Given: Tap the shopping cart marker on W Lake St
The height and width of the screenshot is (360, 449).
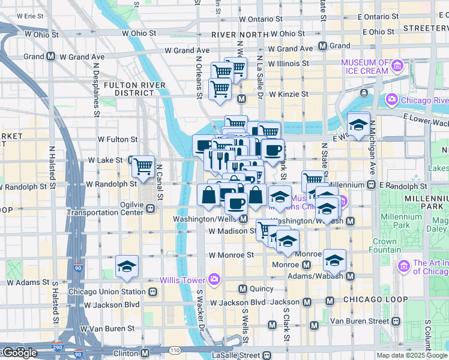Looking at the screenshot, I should coord(143,166).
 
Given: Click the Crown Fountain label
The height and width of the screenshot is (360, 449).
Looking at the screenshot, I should coord(384,246).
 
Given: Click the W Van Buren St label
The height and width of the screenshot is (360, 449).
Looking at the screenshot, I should coord(109,329).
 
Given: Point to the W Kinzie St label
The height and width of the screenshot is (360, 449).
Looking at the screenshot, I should coord(288,94).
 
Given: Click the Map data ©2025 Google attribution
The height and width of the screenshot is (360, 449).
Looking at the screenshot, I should coord(412,355).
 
